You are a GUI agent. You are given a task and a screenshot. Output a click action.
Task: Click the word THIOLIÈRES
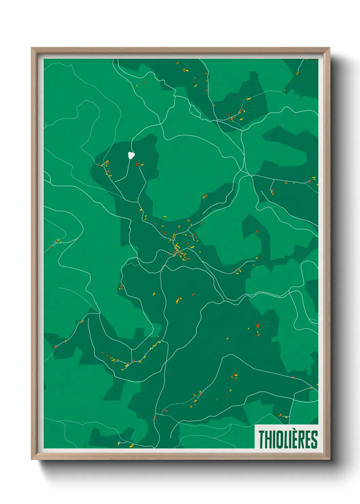[x=288, y=439]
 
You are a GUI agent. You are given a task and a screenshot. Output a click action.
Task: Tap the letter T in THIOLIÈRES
[x=262, y=440]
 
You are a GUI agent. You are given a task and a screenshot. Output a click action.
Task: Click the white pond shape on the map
[x=131, y=156]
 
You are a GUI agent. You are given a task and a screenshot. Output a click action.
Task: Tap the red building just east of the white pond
[x=137, y=164]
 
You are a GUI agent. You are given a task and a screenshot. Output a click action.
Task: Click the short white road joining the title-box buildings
[x=283, y=416]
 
